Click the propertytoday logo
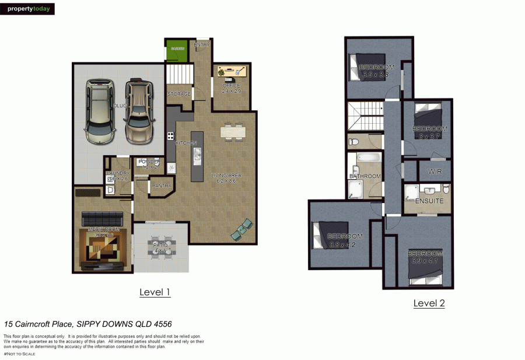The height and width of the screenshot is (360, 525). (28, 9)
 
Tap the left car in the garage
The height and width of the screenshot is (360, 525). (99, 112)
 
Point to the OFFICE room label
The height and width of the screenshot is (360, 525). (232, 86)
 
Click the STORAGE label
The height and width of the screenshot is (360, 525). (179, 94)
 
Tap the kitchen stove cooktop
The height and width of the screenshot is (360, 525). (171, 136)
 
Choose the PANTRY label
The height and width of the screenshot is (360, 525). (160, 186)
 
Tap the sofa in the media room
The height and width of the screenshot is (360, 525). (101, 218)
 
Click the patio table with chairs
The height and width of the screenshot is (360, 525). (160, 246)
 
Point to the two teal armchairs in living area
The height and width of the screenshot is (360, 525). (243, 229)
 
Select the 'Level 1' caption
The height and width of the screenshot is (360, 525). (155, 292)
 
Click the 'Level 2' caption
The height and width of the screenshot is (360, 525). (429, 303)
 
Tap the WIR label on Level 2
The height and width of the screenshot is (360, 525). (435, 172)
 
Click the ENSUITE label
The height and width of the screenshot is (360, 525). (429, 201)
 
